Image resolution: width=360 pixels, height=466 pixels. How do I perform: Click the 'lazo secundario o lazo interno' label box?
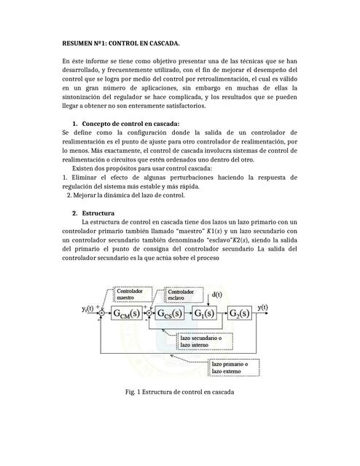206,341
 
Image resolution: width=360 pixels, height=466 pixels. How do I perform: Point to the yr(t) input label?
90,309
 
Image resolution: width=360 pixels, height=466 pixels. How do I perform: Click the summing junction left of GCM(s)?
102,314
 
